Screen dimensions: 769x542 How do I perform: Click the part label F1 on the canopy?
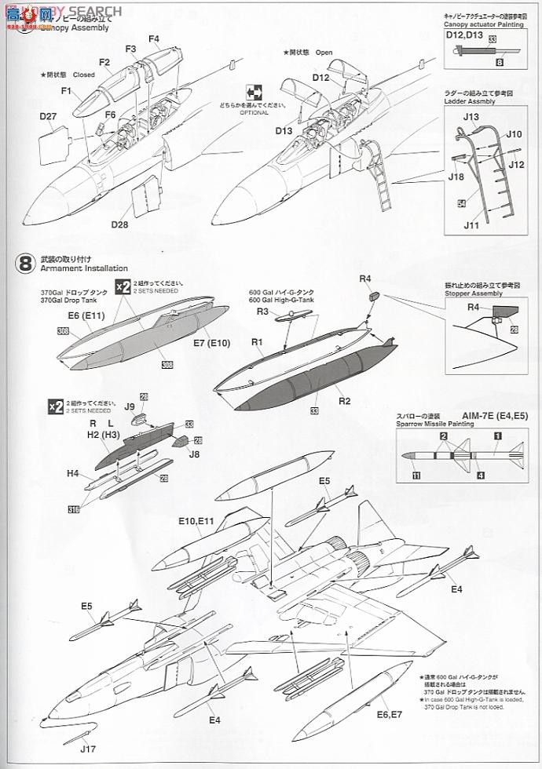[67, 92]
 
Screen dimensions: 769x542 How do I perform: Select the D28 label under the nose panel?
[119, 225]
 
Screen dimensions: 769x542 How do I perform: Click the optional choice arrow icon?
[255, 91]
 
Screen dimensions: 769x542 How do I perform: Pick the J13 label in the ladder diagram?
[471, 117]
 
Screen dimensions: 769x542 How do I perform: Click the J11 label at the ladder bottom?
[471, 225]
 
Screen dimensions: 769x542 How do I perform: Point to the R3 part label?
[262, 312]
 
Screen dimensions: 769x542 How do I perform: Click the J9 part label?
[131, 406]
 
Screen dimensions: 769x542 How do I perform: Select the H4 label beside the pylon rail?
[72, 473]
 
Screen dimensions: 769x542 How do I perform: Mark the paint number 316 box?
[73, 509]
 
